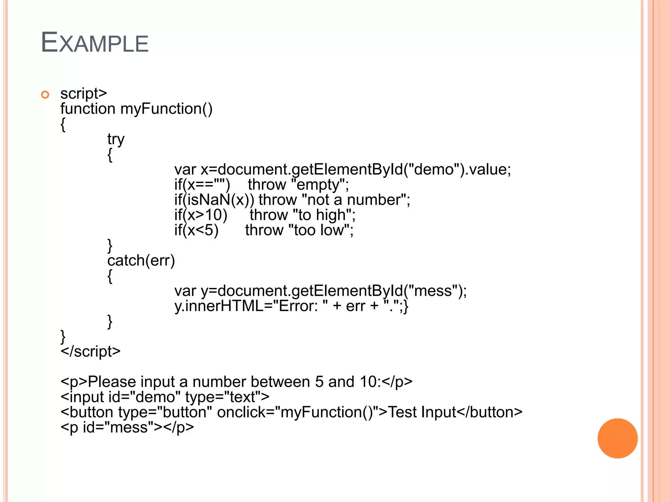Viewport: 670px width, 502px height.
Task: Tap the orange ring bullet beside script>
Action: pyautogui.click(x=45, y=95)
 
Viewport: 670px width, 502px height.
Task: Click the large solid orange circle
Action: pyautogui.click(x=617, y=438)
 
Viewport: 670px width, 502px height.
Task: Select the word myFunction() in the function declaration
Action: pyautogui.click(x=166, y=109)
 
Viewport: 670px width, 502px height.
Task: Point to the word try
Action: pyautogui.click(x=116, y=139)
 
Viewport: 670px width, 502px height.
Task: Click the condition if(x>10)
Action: pyautogui.click(x=201, y=215)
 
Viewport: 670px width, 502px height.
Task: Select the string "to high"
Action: pyautogui.click(x=322, y=215)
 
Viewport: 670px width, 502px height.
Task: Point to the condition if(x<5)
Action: pyautogui.click(x=196, y=230)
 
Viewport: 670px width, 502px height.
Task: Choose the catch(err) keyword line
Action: pyautogui.click(x=141, y=260)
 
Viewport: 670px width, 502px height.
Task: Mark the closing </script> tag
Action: pyautogui.click(x=91, y=351)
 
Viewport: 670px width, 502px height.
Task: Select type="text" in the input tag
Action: pyautogui.click(x=227, y=397)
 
